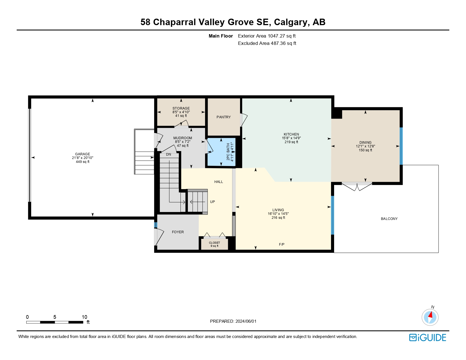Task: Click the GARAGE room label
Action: coord(82,154)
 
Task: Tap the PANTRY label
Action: coord(224,117)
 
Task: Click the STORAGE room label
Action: coord(181,108)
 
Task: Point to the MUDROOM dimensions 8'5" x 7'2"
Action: coord(183,142)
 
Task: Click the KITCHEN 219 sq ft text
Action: coord(291,142)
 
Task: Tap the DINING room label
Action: coord(365,143)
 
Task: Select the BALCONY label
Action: coord(389,219)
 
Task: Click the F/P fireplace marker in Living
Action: coord(282,245)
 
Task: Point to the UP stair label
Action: coord(212,202)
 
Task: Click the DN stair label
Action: coord(169,154)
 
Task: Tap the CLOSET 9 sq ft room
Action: coord(214,244)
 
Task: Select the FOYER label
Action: coord(178,232)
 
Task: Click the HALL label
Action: coord(219,182)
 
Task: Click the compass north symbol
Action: coord(430,317)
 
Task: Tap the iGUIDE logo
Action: coord(428,337)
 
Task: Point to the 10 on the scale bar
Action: coord(84,317)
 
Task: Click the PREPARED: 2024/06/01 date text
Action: coord(233,321)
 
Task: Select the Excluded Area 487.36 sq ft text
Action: coord(267,43)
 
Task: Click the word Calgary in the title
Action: coord(290,22)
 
